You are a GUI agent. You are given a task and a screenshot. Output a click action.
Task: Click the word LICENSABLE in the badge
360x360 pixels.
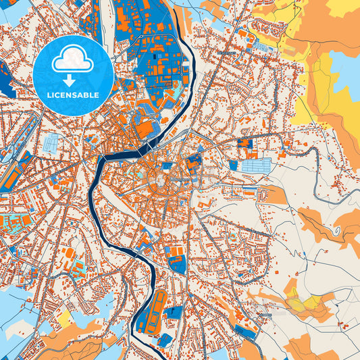click(x=73, y=95)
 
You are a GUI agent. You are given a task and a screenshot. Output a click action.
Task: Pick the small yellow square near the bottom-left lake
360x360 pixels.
click(x=65, y=317)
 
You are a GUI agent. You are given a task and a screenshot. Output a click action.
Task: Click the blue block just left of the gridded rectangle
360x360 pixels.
click(x=234, y=165)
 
